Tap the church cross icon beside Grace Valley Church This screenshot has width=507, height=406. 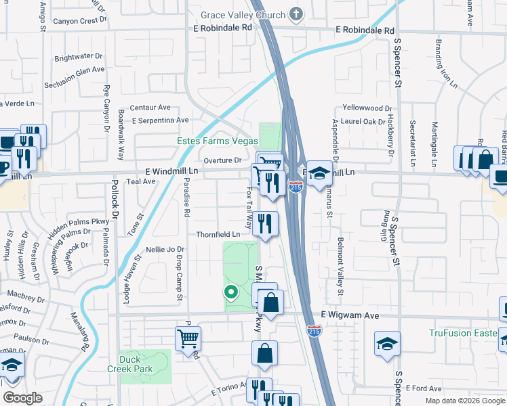click(296, 14)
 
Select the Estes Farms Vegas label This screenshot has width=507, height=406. click(217, 141)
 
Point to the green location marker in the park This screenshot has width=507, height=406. click(230, 292)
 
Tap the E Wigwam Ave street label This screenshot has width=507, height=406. click(347, 316)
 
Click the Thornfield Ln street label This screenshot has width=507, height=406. click(218, 234)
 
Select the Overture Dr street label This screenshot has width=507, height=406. click(223, 160)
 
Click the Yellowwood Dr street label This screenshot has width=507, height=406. click(367, 108)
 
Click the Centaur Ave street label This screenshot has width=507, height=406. click(150, 107)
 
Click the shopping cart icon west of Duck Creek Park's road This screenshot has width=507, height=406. click(188, 338)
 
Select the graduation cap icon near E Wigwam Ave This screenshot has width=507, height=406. click(387, 342)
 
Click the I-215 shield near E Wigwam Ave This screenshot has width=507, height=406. click(314, 331)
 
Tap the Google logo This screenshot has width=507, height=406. click(22, 398)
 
